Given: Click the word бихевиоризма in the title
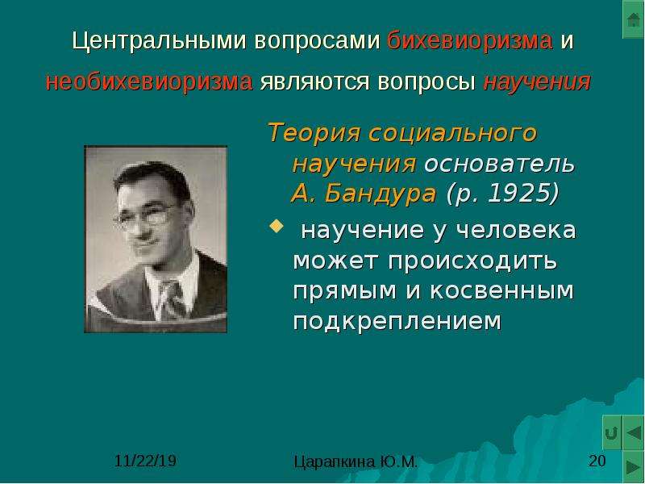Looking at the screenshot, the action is [x=469, y=41].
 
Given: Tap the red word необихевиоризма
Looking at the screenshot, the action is [x=149, y=82].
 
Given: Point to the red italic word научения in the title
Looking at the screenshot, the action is [x=537, y=82].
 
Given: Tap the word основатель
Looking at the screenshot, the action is [x=499, y=164].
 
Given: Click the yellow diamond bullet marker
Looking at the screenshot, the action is [x=276, y=226].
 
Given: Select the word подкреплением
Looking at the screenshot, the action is [x=397, y=321].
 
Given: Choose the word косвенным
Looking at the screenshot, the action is [x=501, y=290].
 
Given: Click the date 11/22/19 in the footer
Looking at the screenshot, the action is [x=145, y=461].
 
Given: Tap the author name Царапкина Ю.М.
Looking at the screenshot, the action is [x=356, y=461].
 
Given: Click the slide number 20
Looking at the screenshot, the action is [x=597, y=461].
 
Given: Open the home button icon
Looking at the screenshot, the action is [x=634, y=19].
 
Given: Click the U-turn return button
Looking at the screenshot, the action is [x=612, y=433].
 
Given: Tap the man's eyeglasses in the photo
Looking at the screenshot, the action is [x=145, y=216].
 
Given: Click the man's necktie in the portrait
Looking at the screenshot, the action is [x=173, y=298].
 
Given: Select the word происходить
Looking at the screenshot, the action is [x=426, y=261].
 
